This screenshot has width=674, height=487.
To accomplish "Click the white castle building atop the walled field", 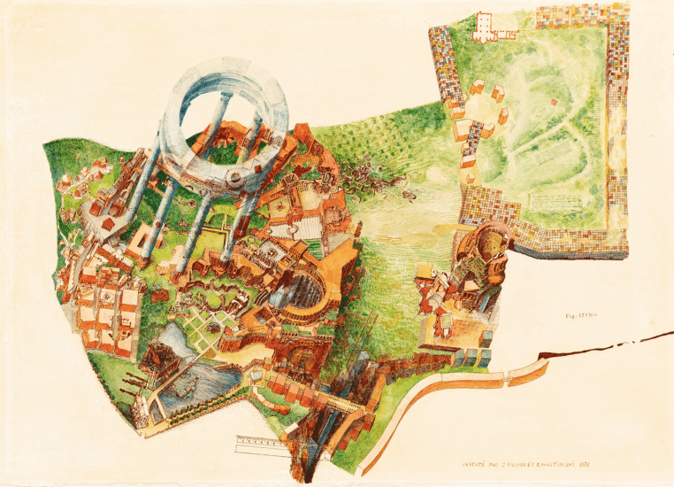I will (x=486, y=27).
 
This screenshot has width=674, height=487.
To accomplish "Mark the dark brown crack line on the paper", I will (x=610, y=344).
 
